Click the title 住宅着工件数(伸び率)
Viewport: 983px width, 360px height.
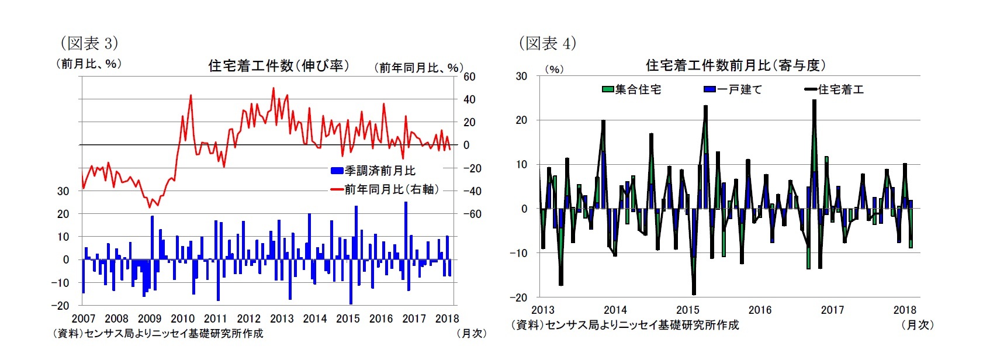coord(279,65)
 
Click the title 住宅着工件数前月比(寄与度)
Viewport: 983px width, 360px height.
coord(735,65)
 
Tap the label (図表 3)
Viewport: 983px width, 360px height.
coord(89,43)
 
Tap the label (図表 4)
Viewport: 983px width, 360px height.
coord(547,43)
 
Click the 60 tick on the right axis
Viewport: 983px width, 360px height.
coord(469,77)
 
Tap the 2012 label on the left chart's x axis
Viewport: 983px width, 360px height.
coord(248,319)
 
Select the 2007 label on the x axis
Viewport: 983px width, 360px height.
coord(83,319)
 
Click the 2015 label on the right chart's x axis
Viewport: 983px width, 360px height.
coord(687,310)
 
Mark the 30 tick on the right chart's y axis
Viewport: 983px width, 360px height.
coord(521,76)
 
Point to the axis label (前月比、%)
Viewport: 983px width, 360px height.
coord(89,64)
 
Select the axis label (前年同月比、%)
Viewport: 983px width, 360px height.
coord(418,68)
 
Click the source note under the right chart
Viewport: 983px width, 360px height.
coord(625,325)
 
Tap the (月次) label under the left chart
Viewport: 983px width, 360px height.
coord(471,333)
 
